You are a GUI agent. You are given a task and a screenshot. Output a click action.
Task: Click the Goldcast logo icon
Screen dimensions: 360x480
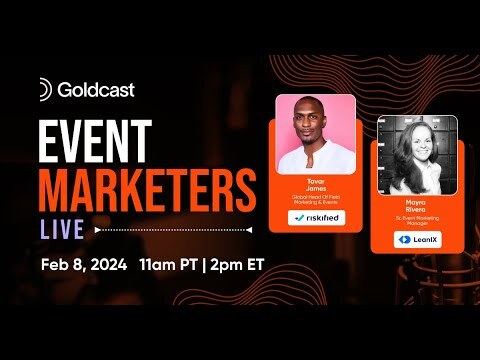click(44, 89)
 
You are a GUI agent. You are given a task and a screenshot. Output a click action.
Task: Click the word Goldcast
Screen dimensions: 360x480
click(96, 89)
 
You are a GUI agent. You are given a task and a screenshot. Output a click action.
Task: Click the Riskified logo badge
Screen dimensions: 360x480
click(315, 217)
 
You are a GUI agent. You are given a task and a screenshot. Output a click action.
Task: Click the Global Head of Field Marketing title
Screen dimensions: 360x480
click(315, 201)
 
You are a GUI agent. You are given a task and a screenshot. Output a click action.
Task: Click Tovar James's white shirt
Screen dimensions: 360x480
click(315, 160)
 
